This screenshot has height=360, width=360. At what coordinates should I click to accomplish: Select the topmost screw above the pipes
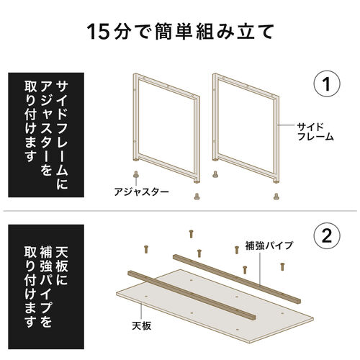pos(192,233)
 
